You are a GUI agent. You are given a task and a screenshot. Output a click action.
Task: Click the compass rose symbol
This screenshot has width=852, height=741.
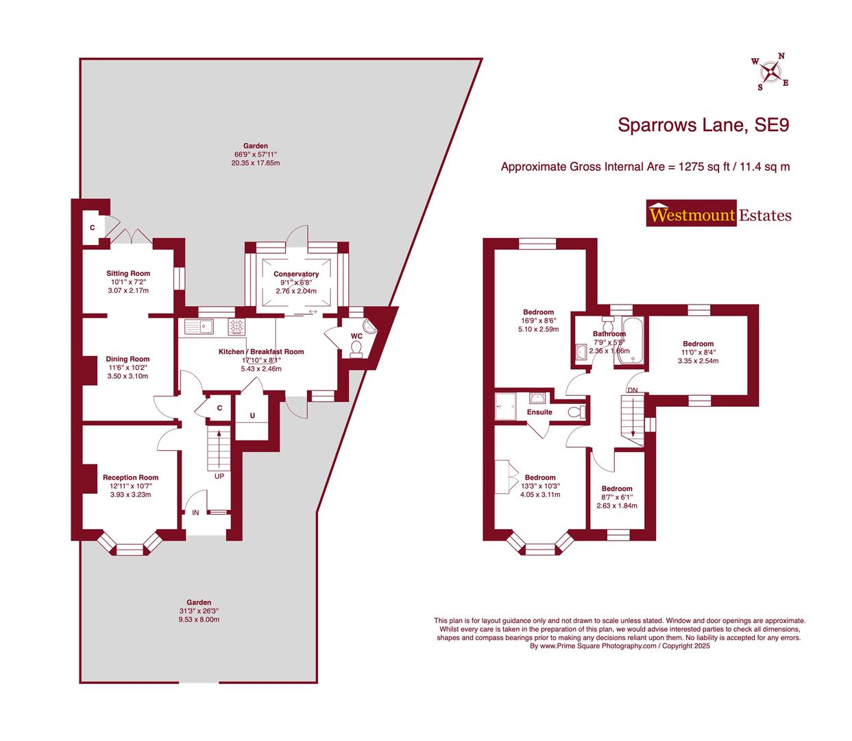[x=772, y=71]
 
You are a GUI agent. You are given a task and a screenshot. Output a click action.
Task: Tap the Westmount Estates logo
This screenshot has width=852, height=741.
[x=719, y=214]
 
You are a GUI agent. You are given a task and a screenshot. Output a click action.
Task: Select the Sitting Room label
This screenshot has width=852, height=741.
[x=128, y=274]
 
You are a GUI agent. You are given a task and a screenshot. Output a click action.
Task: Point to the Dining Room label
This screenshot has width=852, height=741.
[x=127, y=359]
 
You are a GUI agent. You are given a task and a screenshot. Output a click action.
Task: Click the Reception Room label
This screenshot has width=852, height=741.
[x=130, y=478]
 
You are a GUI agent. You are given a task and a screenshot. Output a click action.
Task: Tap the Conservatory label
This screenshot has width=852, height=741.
[x=296, y=274]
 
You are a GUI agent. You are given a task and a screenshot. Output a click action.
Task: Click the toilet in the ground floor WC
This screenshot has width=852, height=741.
[x=356, y=350]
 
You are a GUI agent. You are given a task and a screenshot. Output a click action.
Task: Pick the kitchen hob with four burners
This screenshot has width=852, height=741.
[x=237, y=327]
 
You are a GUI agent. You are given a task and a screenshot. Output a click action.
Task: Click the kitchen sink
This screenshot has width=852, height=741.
[x=199, y=327]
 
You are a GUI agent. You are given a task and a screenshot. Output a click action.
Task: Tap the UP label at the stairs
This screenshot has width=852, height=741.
[x=219, y=475]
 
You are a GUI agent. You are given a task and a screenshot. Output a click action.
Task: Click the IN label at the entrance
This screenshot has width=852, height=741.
[x=195, y=513]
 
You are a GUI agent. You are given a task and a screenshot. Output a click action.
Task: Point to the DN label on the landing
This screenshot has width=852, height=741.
[x=632, y=390]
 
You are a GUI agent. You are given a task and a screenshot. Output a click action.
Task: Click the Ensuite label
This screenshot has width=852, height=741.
[x=539, y=412]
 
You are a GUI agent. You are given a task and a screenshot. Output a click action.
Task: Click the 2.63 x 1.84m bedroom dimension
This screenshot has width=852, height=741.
[x=617, y=506]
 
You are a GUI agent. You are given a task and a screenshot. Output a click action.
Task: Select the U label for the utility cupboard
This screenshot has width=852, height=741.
[x=252, y=416]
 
